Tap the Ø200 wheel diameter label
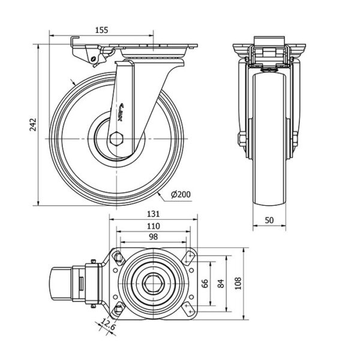click(x=181, y=194)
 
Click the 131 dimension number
click(x=153, y=214)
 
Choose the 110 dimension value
click(x=153, y=226)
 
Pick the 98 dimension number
click(x=153, y=237)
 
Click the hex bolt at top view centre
click(x=152, y=283)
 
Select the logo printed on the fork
click(x=119, y=110)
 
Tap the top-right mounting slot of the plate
click(x=190, y=257)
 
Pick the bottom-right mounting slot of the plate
click(x=190, y=308)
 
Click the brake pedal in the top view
click(x=60, y=283)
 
